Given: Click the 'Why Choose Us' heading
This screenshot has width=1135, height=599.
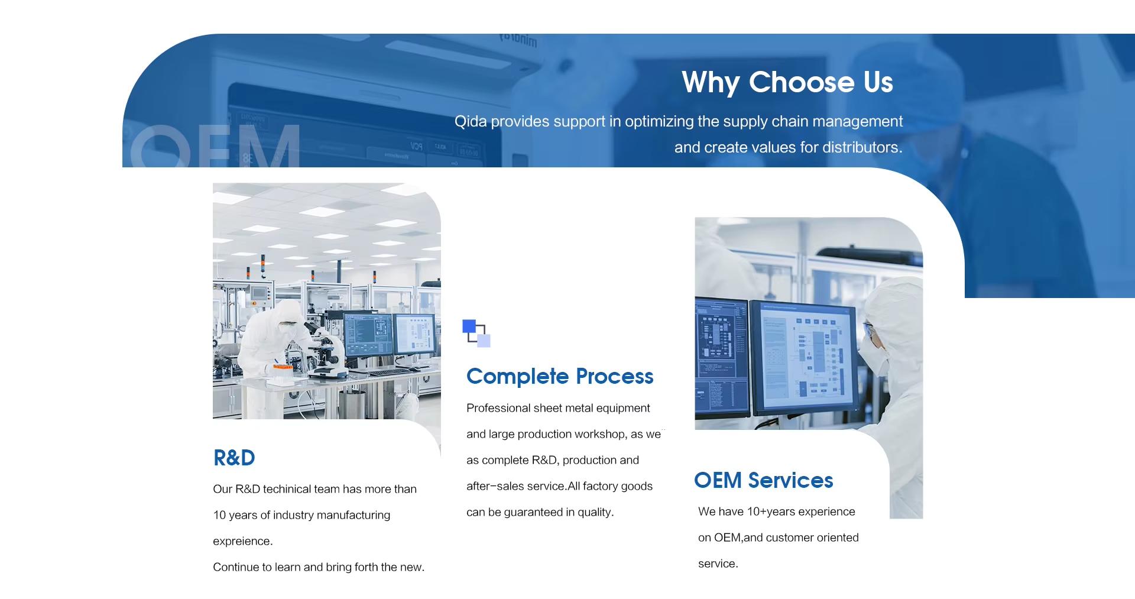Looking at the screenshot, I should (787, 82).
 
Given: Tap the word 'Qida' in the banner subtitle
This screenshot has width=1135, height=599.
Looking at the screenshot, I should (471, 122).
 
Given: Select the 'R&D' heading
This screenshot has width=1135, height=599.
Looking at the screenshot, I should (234, 458).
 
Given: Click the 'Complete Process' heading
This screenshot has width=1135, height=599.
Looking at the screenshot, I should (560, 377).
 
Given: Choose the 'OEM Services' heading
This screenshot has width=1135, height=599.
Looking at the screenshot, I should (763, 480).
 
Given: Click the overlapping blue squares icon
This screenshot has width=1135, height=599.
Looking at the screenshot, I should (476, 333).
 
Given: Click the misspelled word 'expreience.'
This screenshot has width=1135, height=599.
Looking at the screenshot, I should (242, 541).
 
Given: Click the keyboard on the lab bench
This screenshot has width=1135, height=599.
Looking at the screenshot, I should (390, 372).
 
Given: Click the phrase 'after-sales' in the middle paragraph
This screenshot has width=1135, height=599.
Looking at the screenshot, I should (494, 486).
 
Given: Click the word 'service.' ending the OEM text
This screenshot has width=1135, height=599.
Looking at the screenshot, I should (718, 564).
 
